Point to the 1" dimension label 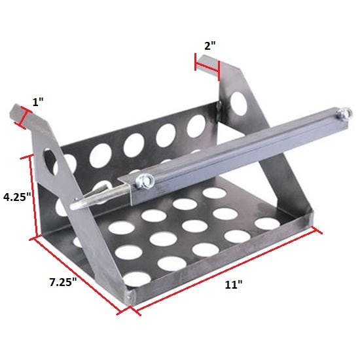(x=40, y=102)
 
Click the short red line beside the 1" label (x=24, y=118)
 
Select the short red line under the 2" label (x=207, y=63)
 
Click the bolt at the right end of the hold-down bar (x=340, y=116)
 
